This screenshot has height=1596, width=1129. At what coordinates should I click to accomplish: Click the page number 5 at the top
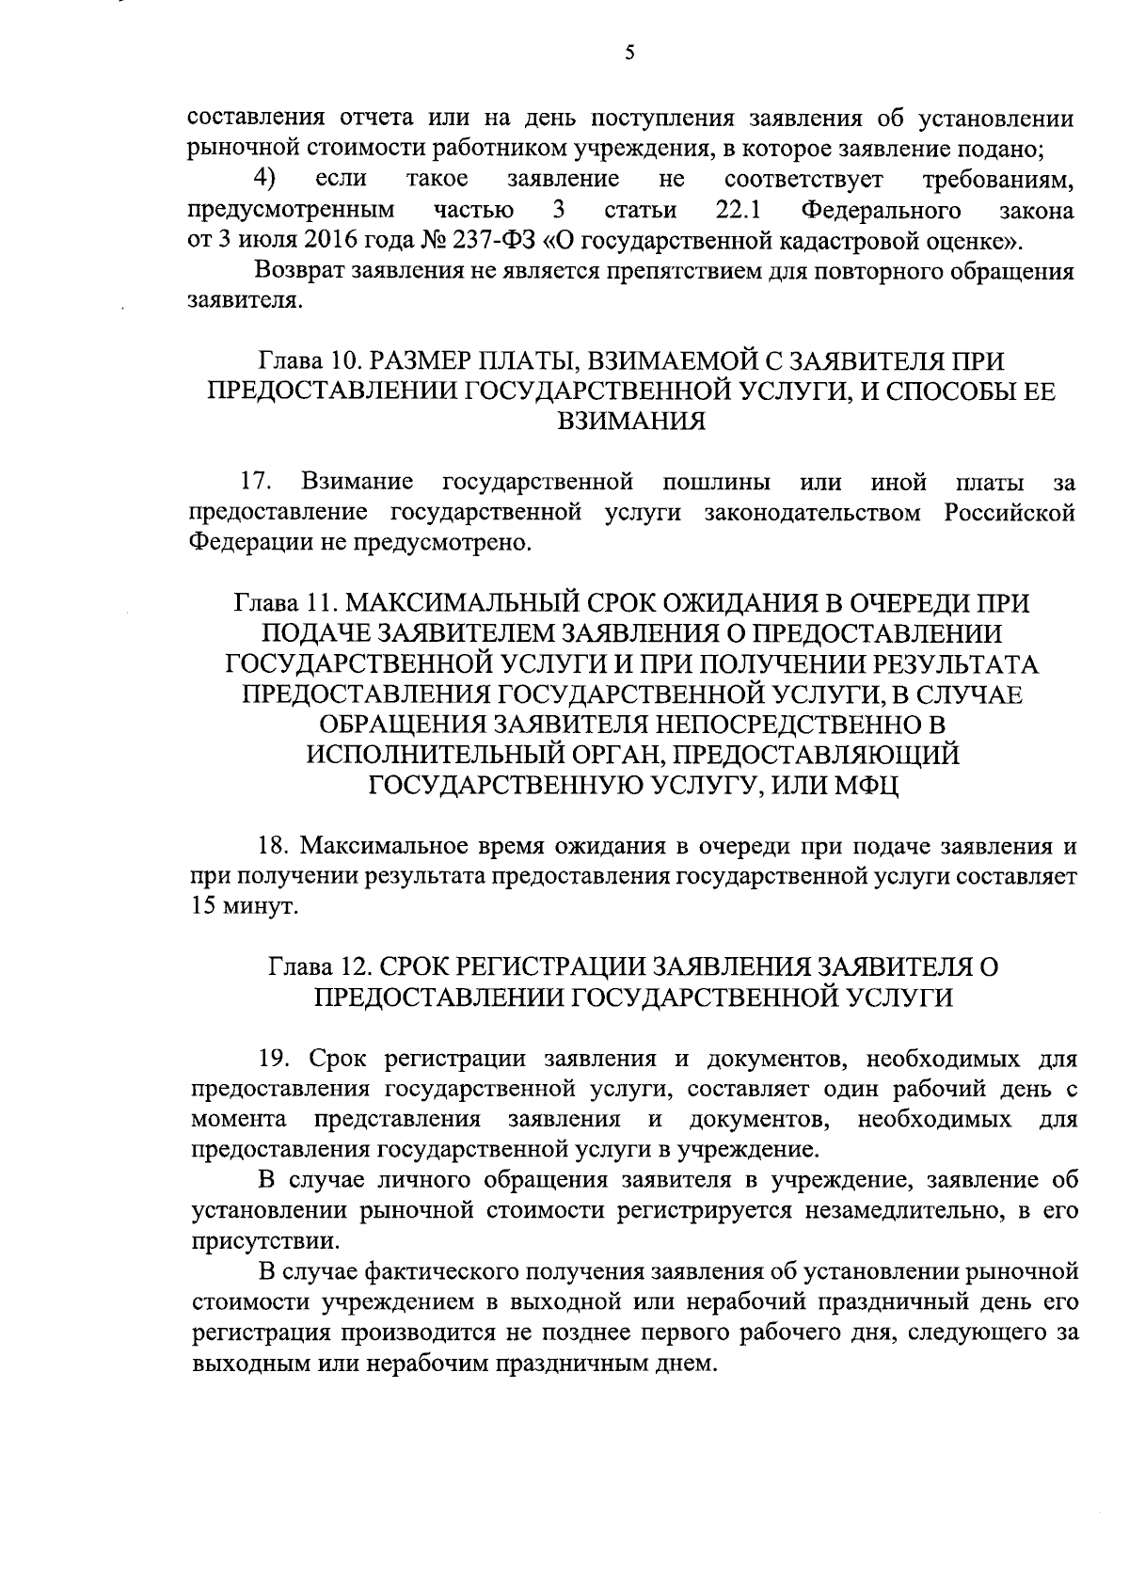pos(629,54)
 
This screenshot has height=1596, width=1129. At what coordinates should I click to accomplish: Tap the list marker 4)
pos(264,178)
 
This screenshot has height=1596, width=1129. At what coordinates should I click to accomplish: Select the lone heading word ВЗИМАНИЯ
pos(630,421)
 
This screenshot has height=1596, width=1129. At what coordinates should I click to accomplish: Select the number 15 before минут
pos(205,906)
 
